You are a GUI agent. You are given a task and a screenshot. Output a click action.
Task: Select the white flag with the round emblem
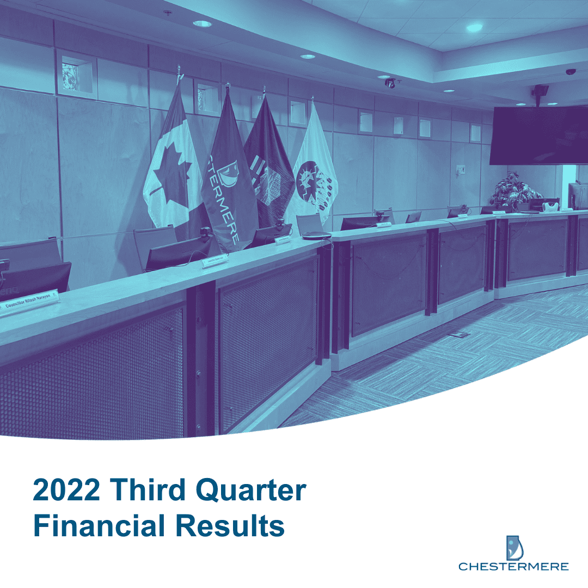(x=314, y=169)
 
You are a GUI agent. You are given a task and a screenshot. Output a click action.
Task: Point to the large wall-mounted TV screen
(x=538, y=134)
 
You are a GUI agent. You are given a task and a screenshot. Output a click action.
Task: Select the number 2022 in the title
(x=66, y=491)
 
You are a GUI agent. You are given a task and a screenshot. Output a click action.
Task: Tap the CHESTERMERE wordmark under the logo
(x=513, y=567)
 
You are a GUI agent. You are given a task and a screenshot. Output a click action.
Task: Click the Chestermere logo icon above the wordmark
(x=513, y=547)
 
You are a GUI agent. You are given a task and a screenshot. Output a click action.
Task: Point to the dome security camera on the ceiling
(x=570, y=72)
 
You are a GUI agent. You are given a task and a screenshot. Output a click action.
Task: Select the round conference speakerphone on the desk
(x=316, y=235)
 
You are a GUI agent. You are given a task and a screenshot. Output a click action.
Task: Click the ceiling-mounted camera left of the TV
(x=390, y=83)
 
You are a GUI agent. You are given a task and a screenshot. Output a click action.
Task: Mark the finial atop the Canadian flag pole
(x=178, y=70)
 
